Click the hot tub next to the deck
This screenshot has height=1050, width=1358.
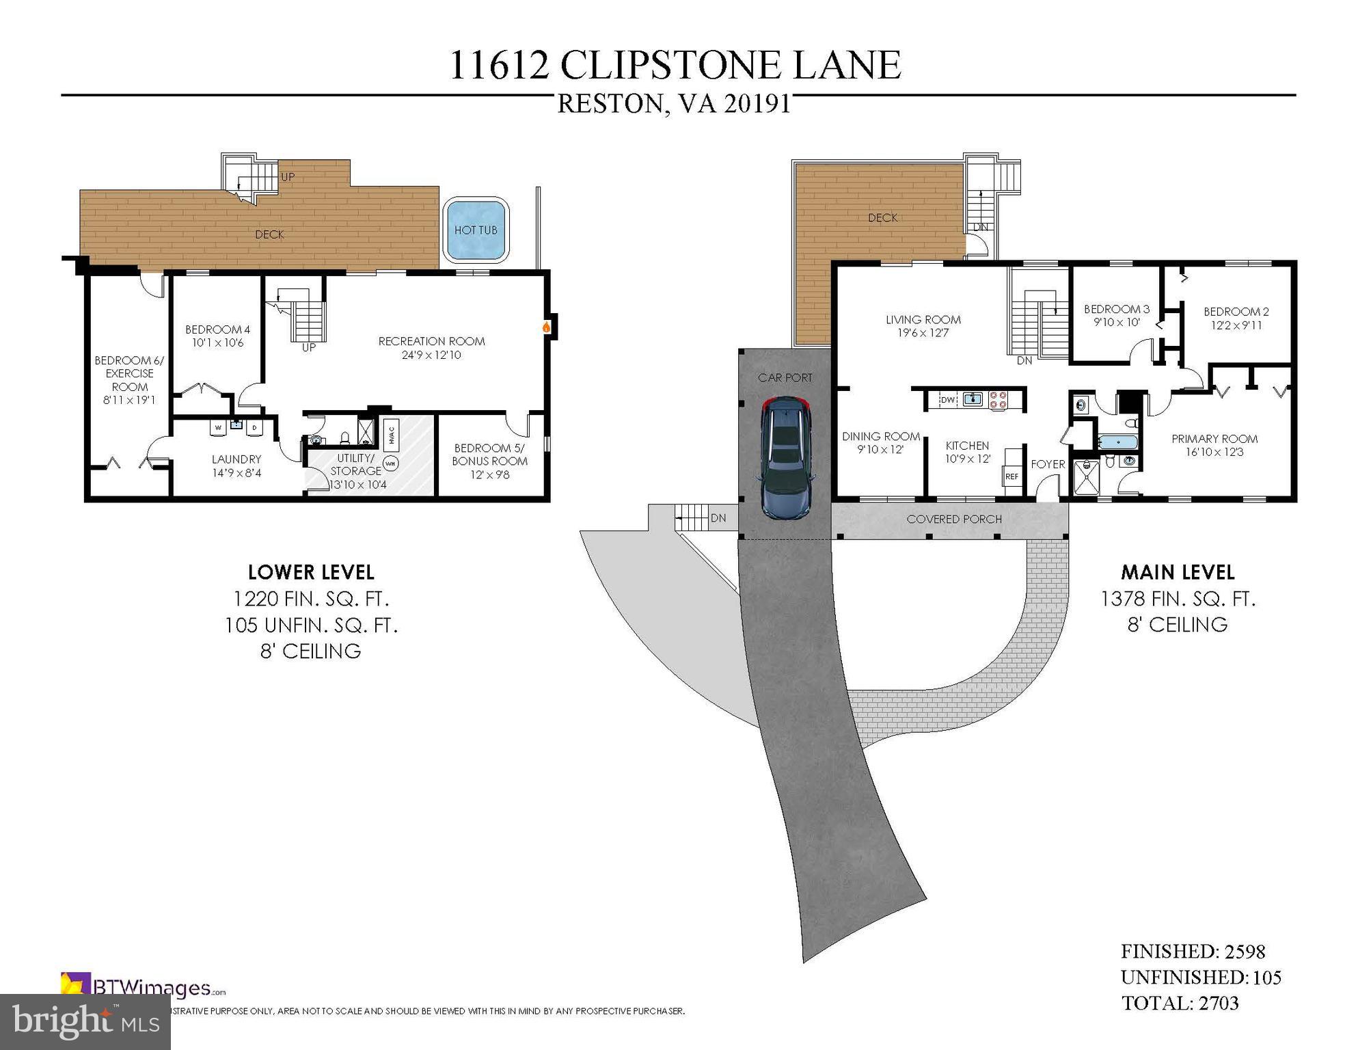[476, 230]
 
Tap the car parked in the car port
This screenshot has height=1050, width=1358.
[787, 459]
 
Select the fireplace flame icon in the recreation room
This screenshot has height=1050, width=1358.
[546, 327]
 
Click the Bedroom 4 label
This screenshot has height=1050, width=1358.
[213, 329]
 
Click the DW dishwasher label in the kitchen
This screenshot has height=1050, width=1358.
[947, 400]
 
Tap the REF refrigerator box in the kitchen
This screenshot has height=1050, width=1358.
[1011, 476]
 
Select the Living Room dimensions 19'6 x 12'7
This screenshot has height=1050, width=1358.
[923, 334]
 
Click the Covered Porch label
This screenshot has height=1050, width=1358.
[954, 520]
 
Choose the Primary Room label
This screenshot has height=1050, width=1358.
[1214, 439]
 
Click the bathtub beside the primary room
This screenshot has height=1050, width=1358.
[1117, 442]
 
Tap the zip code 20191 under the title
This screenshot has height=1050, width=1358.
[757, 105]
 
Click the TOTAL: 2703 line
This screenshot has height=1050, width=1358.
[1180, 1003]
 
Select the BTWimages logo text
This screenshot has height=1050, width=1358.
[152, 988]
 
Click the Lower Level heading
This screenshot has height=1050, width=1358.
[311, 572]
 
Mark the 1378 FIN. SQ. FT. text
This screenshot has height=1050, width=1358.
[1178, 599]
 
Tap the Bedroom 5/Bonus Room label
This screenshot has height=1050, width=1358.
[489, 455]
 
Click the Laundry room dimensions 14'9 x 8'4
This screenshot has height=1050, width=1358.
[236, 472]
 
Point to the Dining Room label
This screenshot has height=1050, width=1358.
[880, 436]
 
